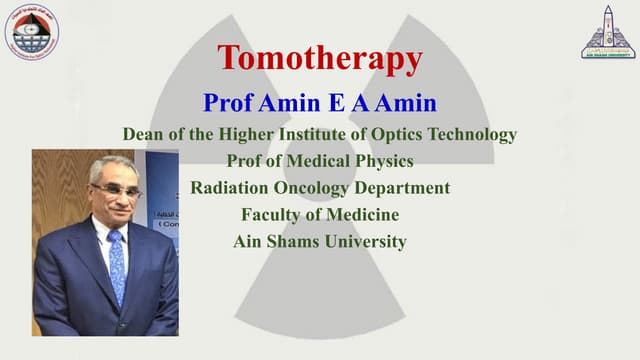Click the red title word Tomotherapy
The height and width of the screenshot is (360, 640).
click(319, 58)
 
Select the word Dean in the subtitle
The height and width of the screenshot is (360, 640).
click(143, 134)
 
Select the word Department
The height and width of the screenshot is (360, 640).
click(404, 188)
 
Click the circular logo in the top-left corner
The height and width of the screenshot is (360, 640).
click(32, 32)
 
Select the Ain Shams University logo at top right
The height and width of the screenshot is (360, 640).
click(607, 32)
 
